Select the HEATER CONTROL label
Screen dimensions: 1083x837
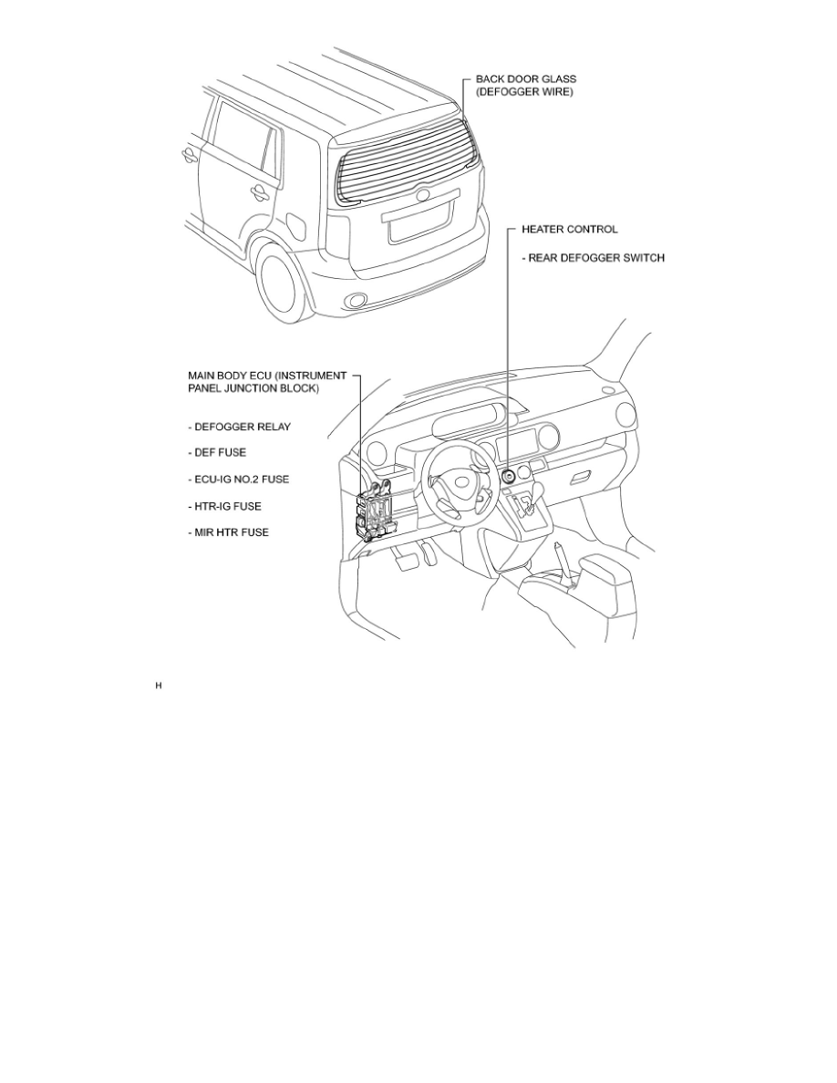(569, 229)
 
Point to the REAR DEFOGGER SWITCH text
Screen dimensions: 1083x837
(593, 258)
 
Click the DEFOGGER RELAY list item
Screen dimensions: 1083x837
(239, 428)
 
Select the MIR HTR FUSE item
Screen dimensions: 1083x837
(229, 531)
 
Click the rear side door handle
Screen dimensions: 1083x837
(259, 191)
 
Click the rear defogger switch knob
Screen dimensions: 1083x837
(508, 475)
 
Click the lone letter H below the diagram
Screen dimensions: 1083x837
(159, 685)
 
